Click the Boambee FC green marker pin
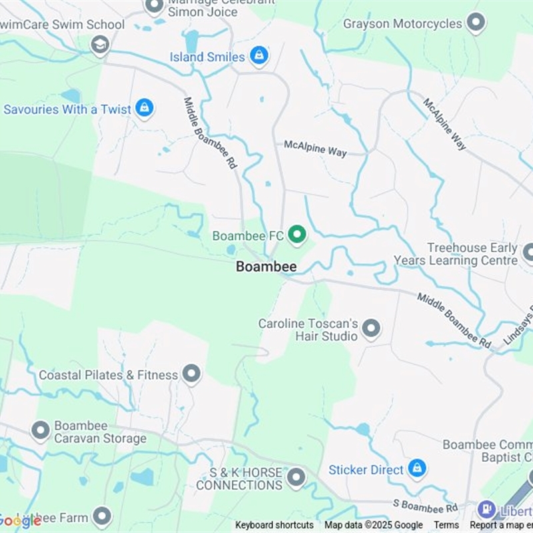click(x=296, y=235)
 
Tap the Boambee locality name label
click(x=266, y=266)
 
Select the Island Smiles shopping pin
click(x=259, y=56)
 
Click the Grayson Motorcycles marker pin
click(x=475, y=23)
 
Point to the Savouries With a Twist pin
click(x=144, y=108)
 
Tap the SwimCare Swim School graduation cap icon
click(x=100, y=45)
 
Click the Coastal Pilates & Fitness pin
click(x=191, y=374)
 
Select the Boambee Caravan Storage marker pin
click(x=41, y=430)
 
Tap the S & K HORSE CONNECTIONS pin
click(x=296, y=477)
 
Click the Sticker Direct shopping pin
click(x=417, y=468)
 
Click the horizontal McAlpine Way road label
click(x=315, y=148)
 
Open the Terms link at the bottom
click(x=446, y=525)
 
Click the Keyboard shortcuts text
click(x=274, y=525)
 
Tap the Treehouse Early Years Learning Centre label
click(x=456, y=254)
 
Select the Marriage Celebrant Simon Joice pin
click(x=155, y=7)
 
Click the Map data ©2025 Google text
click(x=374, y=525)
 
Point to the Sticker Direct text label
click(x=366, y=470)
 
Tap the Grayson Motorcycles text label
click(x=402, y=24)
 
